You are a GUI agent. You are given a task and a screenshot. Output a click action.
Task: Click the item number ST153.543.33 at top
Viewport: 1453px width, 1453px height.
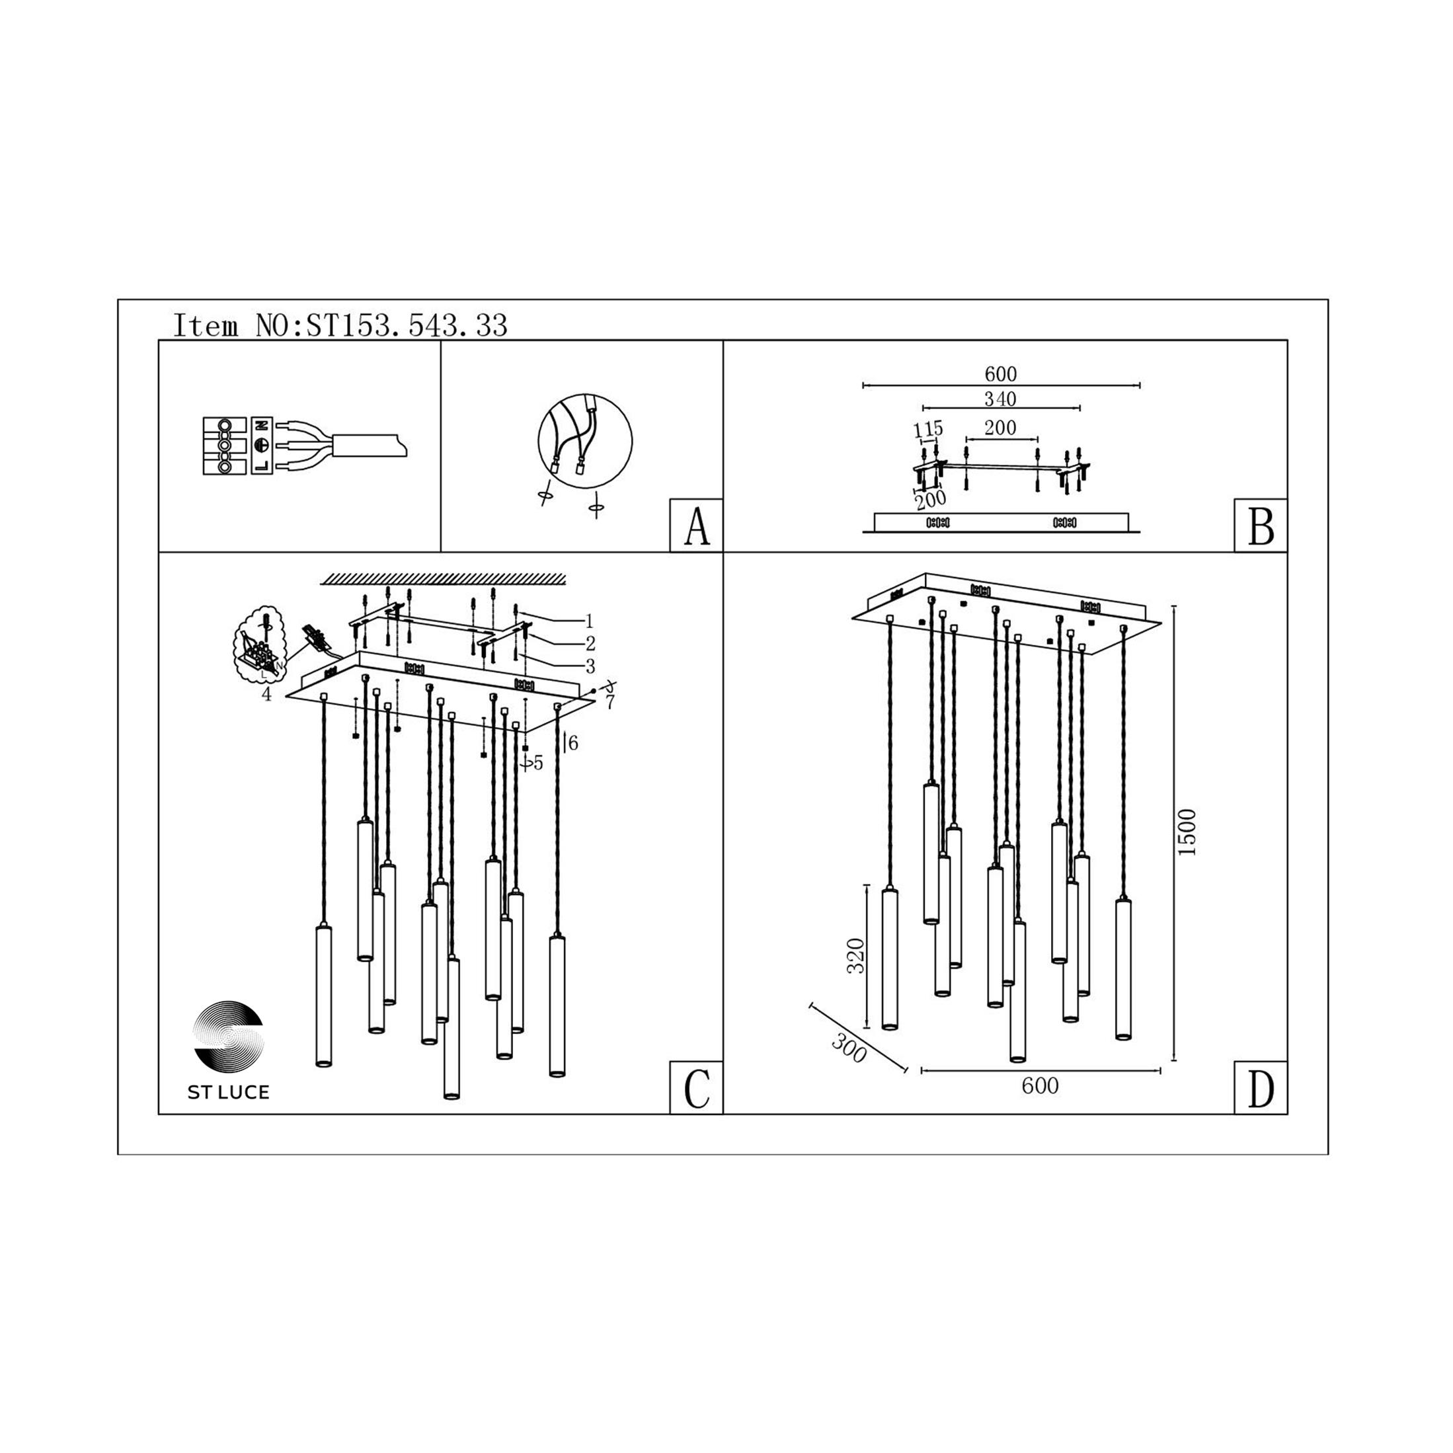pos(407,326)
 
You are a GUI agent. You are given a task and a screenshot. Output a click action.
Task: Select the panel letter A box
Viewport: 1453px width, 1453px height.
pos(696,526)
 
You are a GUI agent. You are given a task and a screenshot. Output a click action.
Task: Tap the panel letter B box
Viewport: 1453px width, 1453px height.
pos(1261,526)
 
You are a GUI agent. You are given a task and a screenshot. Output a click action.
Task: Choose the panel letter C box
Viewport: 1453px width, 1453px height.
pos(696,1088)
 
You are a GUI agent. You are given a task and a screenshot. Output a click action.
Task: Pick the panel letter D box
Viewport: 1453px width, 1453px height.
pos(1261,1088)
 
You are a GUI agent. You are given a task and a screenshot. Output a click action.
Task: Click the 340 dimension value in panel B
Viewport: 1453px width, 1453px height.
pos(1000,399)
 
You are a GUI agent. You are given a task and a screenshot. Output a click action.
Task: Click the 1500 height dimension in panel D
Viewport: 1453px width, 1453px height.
pos(1186,832)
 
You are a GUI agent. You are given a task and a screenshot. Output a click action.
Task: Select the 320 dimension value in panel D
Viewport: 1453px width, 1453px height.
pos(857,956)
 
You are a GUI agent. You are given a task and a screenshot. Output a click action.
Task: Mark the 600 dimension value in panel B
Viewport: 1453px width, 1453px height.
pos(1000,373)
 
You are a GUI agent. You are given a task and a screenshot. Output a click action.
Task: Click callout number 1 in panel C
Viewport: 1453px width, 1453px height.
pos(589,621)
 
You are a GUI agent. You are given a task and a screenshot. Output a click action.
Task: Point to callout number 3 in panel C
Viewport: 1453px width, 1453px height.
pos(590,666)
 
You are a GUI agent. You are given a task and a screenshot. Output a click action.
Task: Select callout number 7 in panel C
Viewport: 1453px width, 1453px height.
pos(610,703)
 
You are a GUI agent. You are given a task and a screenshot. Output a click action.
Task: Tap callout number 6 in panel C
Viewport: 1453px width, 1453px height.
pos(573,743)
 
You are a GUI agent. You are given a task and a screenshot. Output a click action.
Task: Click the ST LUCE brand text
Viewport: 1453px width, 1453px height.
pos(229,1093)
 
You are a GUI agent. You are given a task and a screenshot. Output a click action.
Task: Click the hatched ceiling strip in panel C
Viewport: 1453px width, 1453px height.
pos(443,578)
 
